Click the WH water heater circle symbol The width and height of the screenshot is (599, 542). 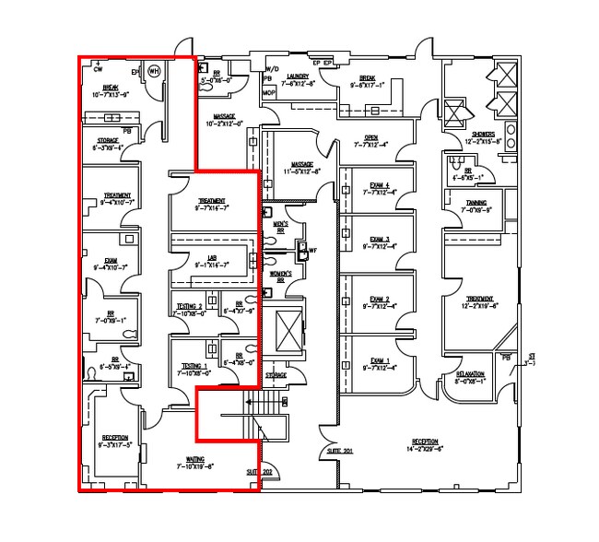(x=154, y=70)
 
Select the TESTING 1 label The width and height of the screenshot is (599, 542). (x=192, y=367)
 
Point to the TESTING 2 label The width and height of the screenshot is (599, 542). (x=192, y=305)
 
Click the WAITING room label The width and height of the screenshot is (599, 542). (x=194, y=459)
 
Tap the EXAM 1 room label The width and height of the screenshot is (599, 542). (x=381, y=360)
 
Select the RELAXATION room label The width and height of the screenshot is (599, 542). (x=470, y=373)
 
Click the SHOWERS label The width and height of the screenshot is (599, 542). (x=484, y=135)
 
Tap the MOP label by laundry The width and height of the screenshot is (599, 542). (x=269, y=94)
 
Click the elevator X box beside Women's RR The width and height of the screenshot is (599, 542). (x=284, y=333)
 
